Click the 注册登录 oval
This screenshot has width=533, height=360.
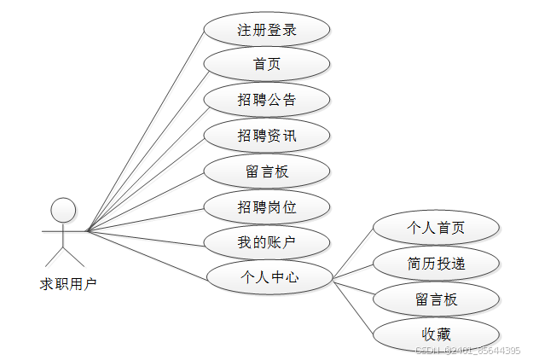tap(266, 30)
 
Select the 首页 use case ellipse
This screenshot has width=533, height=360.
tap(266, 65)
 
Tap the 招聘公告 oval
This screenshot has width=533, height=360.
tap(266, 100)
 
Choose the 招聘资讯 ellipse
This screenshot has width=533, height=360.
tap(266, 136)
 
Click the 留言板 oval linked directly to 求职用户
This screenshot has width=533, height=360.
tap(266, 171)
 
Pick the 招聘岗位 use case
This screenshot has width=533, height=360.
tap(266, 206)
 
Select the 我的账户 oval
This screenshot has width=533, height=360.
tap(266, 242)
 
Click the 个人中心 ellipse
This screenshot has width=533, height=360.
tap(269, 277)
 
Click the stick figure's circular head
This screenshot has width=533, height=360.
tap(63, 209)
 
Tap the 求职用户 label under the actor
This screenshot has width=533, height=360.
tap(69, 283)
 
